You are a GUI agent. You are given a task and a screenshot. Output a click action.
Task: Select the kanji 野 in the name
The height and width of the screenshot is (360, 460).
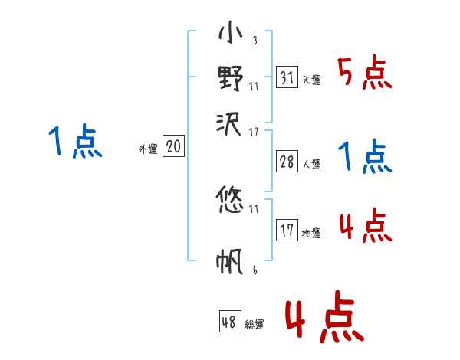tap(231, 78)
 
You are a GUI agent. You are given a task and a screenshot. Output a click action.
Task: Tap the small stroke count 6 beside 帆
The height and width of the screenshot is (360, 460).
tap(255, 270)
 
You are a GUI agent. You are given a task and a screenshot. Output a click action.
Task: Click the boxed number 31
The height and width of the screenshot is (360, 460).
tap(286, 77)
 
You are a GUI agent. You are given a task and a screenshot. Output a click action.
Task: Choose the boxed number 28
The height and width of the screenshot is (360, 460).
tap(286, 162)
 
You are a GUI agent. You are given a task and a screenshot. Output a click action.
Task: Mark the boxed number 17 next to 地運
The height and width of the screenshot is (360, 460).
tap(286, 231)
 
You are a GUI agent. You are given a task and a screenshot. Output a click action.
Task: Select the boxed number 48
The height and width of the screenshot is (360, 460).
tap(229, 322)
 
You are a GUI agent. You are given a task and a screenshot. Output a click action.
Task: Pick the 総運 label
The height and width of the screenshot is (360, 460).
tap(255, 325)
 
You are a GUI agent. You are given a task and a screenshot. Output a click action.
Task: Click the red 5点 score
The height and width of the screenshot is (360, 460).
tap(365, 74)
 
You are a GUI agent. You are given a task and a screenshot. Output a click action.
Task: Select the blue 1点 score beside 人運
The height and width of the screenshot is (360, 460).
tap(365, 158)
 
